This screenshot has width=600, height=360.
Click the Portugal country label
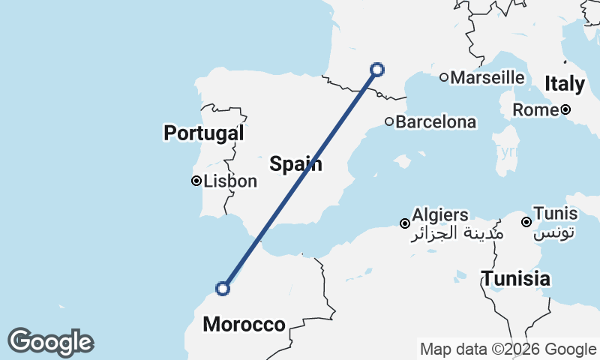click(204, 133)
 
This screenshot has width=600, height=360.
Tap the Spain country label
click(297, 163)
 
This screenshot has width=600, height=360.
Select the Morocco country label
click(244, 325)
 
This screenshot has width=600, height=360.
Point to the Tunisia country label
click(516, 279)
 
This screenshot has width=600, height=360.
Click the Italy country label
click(565, 84)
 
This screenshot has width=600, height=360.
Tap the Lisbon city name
click(230, 181)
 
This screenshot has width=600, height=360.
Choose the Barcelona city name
click(436, 121)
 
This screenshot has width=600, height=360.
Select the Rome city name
click(535, 109)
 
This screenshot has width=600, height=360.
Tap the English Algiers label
click(440, 215)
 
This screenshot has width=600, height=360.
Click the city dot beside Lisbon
click(196, 181)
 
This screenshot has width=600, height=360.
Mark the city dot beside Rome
click(565, 109)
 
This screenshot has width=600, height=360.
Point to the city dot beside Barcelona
click(389, 121)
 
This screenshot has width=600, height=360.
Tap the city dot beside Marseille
click(444, 77)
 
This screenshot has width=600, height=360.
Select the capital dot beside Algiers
click(404, 223)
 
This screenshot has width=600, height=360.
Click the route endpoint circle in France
click(377, 70)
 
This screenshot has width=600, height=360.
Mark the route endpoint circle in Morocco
click(223, 288)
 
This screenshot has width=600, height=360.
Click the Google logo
click(50, 342)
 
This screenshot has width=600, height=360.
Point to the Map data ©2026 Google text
click(508, 349)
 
